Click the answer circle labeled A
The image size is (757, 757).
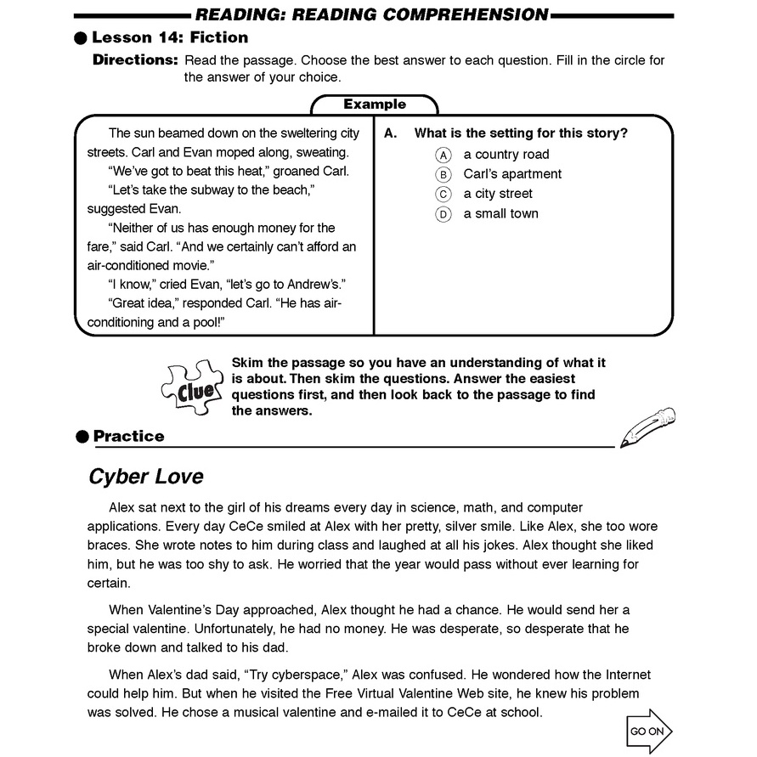click(x=443, y=155)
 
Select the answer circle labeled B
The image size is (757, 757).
click(x=443, y=174)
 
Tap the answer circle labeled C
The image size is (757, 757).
click(x=443, y=194)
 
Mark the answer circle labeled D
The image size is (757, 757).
click(x=443, y=214)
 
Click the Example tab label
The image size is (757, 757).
click(x=375, y=105)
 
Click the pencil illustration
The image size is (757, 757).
click(x=647, y=427)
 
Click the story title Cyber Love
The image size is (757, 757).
click(x=146, y=477)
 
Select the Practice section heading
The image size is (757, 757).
click(x=128, y=437)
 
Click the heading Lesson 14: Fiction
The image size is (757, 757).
click(x=170, y=37)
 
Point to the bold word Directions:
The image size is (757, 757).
click(x=135, y=60)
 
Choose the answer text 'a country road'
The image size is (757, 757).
click(x=506, y=155)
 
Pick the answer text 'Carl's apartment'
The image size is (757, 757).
click(x=512, y=174)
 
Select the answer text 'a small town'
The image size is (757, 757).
click(x=500, y=214)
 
